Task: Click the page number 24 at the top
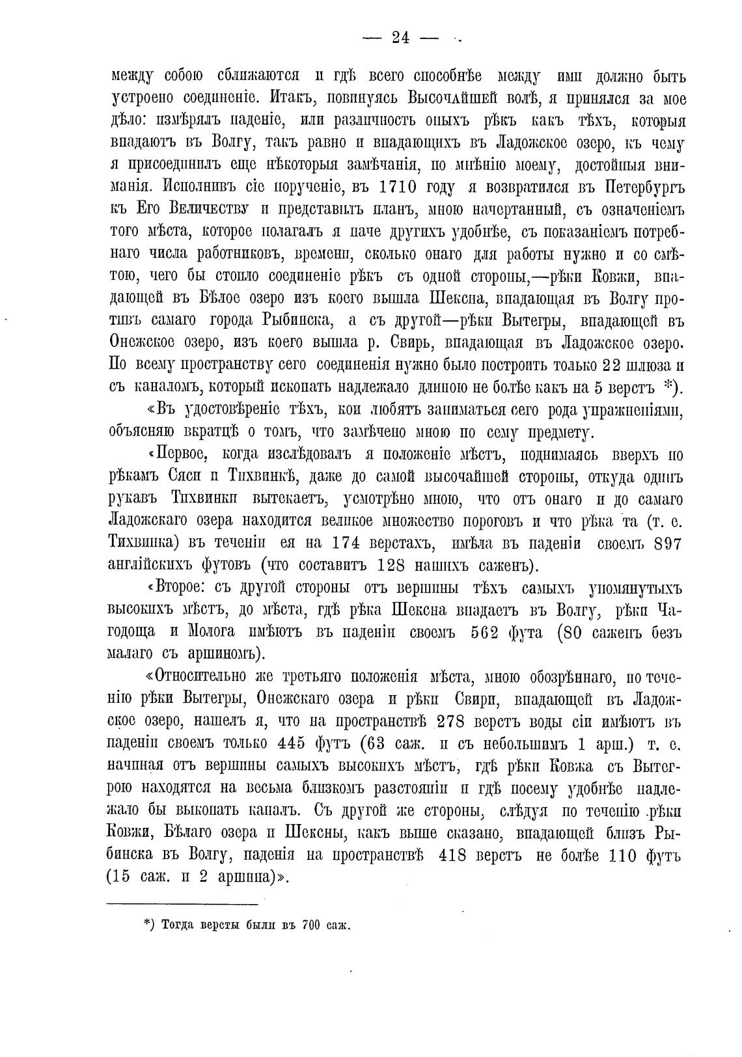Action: tap(400, 38)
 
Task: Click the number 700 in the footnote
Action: tap(314, 925)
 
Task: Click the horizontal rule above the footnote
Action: tap(182, 903)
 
